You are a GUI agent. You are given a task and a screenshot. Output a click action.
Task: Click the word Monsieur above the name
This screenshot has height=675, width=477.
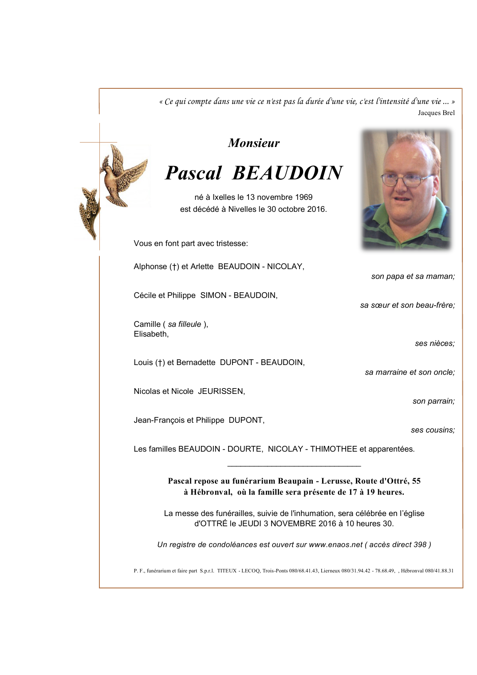[254, 143]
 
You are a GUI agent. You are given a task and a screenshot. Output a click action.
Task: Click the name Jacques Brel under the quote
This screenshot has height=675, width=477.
[436, 113]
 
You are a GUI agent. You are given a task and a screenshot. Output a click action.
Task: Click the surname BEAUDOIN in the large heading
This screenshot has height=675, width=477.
[287, 173]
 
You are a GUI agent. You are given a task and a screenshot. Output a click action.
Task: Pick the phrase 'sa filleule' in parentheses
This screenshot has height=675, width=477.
[184, 324]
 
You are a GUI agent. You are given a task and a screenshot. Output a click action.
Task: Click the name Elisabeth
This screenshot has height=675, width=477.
[150, 334]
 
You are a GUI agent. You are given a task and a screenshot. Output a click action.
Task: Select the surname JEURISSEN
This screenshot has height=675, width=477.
[221, 391]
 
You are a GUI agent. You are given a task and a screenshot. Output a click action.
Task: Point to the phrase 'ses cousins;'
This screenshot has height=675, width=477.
[433, 430]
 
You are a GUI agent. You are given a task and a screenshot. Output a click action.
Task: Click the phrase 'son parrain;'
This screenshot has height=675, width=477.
[434, 401]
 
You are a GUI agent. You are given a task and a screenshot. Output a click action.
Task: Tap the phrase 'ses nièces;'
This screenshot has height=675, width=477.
[434, 343]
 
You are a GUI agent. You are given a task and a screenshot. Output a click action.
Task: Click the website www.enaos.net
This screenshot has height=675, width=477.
[335, 544]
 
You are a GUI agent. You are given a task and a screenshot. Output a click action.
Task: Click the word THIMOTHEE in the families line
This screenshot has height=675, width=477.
[333, 449]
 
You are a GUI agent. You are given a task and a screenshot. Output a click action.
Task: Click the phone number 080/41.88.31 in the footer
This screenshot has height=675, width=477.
[439, 571]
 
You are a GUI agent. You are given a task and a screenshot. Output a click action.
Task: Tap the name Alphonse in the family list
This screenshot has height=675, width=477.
[150, 266]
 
